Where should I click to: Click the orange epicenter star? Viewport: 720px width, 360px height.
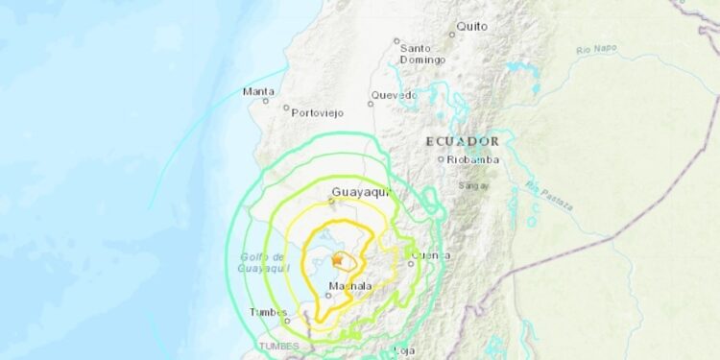[x=337, y=260]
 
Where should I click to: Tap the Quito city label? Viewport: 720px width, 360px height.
[x=472, y=26]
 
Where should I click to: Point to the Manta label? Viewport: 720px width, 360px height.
[x=258, y=91]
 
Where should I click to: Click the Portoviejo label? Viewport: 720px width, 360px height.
[x=318, y=111]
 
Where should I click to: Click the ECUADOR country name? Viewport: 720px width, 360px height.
[x=463, y=140]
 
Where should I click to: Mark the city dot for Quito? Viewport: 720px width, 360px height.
[x=453, y=35]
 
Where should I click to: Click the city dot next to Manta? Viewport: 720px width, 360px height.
[x=266, y=101]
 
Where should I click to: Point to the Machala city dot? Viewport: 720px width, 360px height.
[x=327, y=295]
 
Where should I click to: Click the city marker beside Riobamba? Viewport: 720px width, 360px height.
[x=441, y=159]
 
